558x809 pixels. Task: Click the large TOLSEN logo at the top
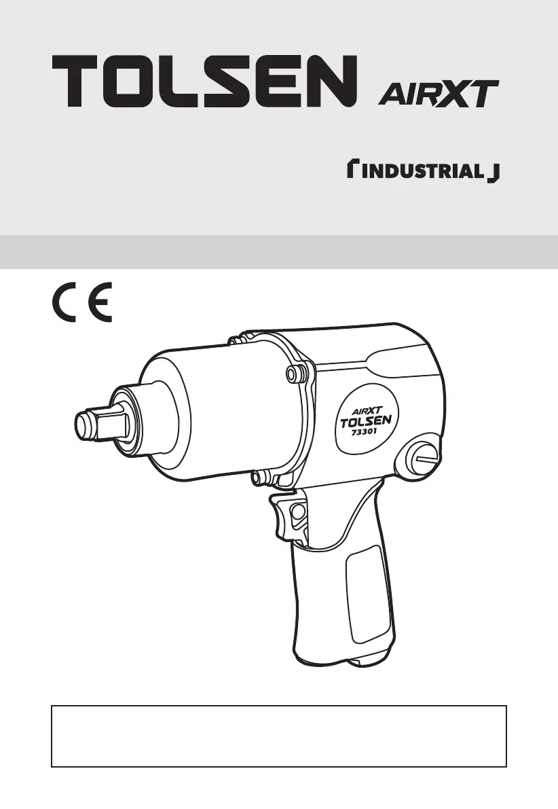(205, 81)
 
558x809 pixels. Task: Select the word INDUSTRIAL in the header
(422, 170)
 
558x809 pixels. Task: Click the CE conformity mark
(82, 302)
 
